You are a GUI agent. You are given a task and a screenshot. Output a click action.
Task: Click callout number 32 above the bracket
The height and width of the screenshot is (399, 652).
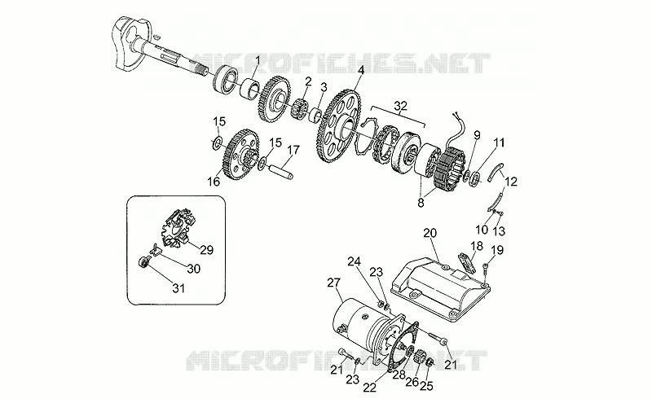coord(400,107)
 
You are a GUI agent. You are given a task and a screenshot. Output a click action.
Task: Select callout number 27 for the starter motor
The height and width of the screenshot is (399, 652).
coord(334,283)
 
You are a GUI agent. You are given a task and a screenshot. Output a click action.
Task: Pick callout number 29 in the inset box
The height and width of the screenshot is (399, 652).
coord(207,250)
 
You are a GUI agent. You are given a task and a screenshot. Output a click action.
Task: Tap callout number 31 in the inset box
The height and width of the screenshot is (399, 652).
coord(178,287)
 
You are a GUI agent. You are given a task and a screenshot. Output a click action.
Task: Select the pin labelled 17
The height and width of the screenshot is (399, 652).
coord(281,171)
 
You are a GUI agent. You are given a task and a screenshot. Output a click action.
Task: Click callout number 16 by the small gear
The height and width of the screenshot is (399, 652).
coord(214,182)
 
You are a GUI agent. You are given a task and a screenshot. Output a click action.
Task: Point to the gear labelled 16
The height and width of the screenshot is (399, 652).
coord(242,154)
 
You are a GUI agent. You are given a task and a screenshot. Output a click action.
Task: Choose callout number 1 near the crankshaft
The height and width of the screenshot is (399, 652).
coord(258,62)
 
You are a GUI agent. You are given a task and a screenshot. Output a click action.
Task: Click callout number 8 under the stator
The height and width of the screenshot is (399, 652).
coord(421,204)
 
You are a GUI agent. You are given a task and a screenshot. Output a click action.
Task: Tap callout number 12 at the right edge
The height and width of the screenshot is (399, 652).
coord(511,182)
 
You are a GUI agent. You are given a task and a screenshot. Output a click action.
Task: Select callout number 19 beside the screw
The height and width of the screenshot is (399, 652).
coord(497,250)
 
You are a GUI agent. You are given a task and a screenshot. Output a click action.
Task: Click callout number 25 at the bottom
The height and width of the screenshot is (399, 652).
coord(426,386)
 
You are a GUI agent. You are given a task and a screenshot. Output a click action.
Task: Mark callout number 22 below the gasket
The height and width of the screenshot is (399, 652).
coord(370,388)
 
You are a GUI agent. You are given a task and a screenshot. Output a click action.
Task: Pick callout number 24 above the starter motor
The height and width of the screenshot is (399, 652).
coord(355,261)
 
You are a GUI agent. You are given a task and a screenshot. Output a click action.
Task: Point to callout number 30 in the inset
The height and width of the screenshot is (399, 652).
coord(193,269)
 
